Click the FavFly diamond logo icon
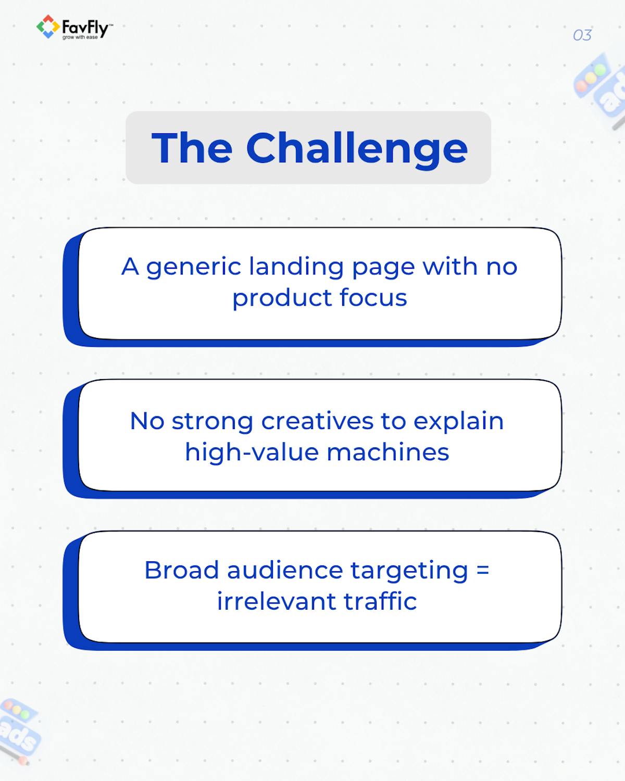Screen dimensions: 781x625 (x=47, y=27)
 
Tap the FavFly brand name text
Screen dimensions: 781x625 (x=85, y=26)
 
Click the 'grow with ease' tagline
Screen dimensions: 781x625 (x=80, y=37)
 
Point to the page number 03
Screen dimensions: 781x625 (x=582, y=35)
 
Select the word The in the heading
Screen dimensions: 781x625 (x=192, y=148)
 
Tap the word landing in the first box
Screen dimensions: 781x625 (x=296, y=267)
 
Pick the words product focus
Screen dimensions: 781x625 (x=319, y=298)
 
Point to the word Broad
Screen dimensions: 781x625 (x=181, y=570)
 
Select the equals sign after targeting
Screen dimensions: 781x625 (x=483, y=570)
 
